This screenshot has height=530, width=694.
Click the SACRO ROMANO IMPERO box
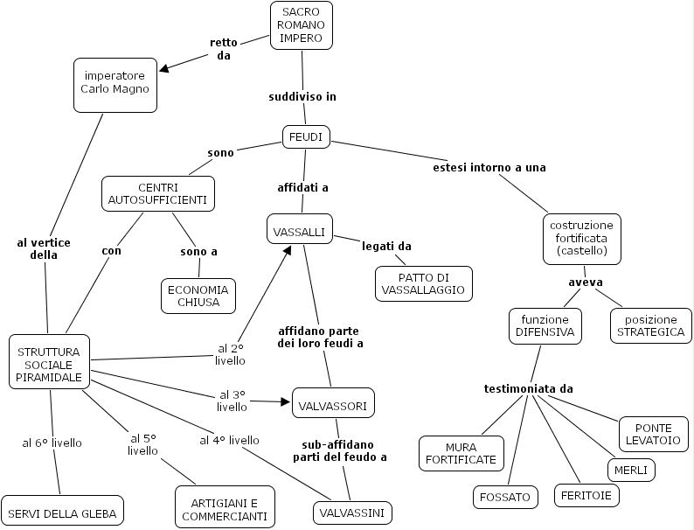coord(302,24)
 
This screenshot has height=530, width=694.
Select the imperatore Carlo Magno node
coord(115,85)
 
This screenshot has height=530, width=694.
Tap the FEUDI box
coord(306,137)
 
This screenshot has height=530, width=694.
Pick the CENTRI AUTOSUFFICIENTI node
coord(157,193)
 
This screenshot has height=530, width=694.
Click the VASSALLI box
coord(299,231)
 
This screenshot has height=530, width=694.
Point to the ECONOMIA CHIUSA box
coord(198,296)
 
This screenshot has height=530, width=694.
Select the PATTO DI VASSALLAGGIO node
coord(423,283)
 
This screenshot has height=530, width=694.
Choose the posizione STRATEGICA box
coord(650,325)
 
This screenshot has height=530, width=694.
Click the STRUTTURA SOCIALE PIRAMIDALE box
coord(50,361)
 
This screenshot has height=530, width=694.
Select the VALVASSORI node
coord(333,404)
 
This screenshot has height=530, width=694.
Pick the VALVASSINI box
coord(352,513)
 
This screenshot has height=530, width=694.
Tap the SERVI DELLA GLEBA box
coord(62,512)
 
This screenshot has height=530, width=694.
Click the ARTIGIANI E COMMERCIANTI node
coord(225,508)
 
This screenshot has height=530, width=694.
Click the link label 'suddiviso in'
coord(302,96)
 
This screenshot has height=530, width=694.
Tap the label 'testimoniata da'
coord(529,388)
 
